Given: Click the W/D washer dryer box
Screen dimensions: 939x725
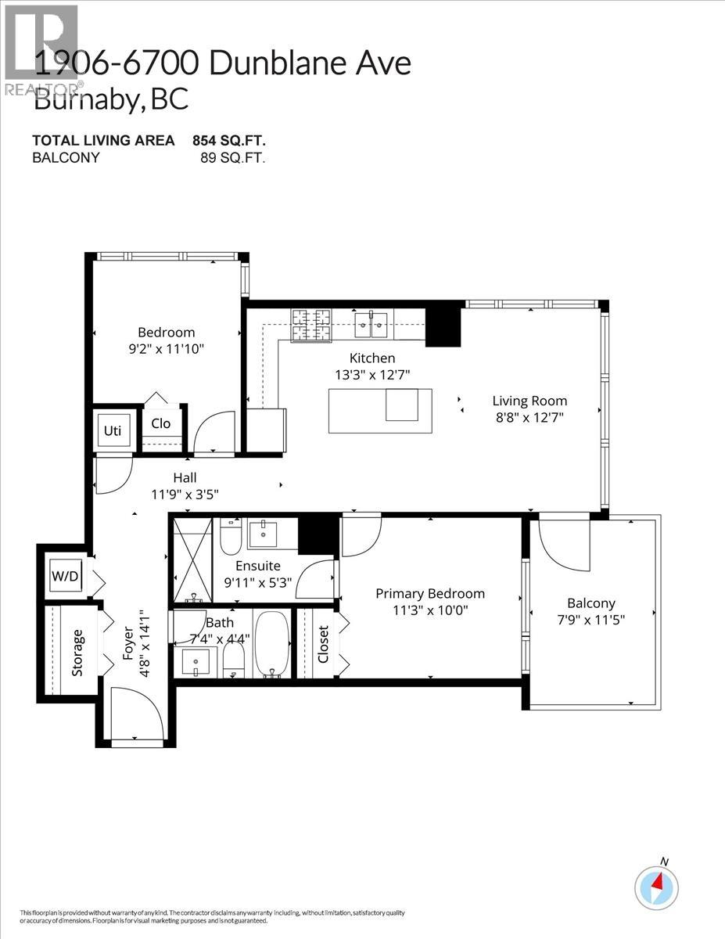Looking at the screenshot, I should (x=65, y=577).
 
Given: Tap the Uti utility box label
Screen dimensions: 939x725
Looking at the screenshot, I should (x=111, y=430).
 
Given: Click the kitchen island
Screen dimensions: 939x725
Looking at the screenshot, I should (x=379, y=410).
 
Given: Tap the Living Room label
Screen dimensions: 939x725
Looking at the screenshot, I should (x=529, y=401).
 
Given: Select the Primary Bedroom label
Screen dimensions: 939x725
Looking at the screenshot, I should (x=429, y=593).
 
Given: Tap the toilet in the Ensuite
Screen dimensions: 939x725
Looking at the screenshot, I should (x=231, y=536).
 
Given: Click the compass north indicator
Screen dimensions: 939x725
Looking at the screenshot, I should (x=656, y=887).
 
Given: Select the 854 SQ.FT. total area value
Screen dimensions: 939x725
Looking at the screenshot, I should (x=228, y=141).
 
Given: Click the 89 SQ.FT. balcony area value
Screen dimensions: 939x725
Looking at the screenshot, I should (x=233, y=157).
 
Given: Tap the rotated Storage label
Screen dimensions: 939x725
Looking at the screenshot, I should (x=77, y=652).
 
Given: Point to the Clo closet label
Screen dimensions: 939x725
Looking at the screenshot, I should (x=161, y=423).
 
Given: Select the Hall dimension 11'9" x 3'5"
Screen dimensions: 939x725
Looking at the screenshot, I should (x=185, y=494).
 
